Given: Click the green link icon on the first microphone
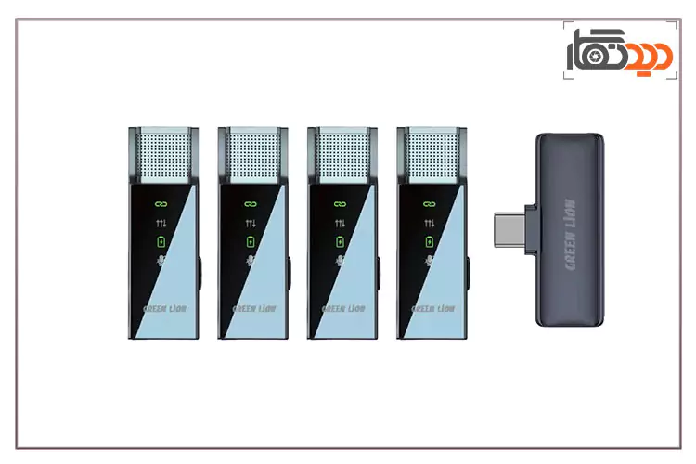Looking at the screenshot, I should coord(161,202).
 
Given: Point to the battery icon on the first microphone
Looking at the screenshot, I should coord(161,241).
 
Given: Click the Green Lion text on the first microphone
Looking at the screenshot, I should coord(161,309).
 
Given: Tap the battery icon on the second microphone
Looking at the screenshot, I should coord(250,241).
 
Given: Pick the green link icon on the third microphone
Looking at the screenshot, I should coord(339,202).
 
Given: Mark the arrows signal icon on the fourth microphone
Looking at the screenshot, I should coord(428,223).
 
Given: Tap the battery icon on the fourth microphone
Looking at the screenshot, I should coord(428,241).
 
